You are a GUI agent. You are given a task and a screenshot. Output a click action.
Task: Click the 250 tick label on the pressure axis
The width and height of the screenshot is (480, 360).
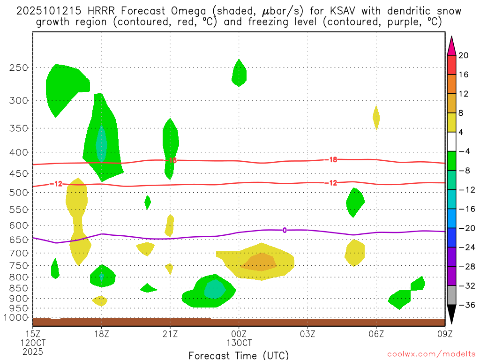point(19,67)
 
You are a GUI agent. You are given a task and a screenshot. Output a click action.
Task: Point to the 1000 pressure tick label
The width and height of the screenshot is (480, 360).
point(16,318)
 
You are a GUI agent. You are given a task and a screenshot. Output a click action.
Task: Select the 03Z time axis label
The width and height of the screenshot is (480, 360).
point(307,334)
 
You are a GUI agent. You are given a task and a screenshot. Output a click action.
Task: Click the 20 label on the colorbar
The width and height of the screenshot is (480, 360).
point(464,55)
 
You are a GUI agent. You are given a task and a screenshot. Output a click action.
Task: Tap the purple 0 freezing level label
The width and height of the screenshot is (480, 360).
point(285,230)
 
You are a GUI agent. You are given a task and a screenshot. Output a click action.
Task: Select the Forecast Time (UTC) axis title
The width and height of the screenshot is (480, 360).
point(239,355)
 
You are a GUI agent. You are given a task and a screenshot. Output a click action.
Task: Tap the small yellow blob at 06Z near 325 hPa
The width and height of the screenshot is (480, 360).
point(376,117)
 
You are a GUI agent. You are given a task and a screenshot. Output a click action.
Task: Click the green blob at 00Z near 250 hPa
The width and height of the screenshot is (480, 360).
point(239,73)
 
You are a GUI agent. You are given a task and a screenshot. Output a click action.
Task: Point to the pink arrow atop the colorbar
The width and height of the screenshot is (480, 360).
point(451,45)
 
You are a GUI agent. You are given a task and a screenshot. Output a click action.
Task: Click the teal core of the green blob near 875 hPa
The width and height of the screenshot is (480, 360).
point(215,289)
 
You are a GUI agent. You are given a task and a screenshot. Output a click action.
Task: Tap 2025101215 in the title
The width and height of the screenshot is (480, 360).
point(43,11)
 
